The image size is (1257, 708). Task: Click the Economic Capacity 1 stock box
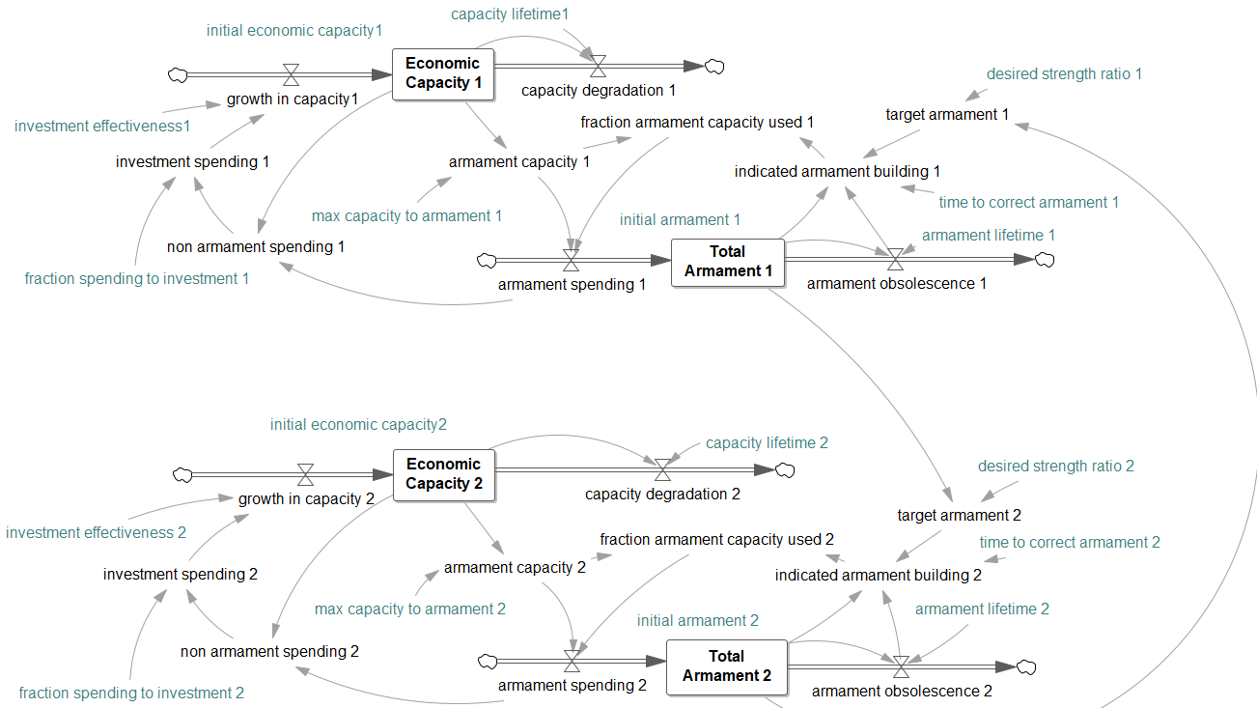(x=443, y=73)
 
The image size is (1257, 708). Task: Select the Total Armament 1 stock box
(x=728, y=261)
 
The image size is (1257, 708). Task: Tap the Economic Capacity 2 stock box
(x=443, y=474)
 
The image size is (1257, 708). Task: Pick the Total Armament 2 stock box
(x=726, y=666)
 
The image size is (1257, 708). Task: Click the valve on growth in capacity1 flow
(x=291, y=73)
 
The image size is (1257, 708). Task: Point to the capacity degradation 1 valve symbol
(x=598, y=66)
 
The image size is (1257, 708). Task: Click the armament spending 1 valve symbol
(x=571, y=261)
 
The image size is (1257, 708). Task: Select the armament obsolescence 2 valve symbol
(x=901, y=666)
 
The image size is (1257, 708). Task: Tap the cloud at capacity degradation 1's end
(x=714, y=66)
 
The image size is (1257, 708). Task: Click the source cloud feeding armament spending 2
(x=488, y=662)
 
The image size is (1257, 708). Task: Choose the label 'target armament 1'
(x=947, y=115)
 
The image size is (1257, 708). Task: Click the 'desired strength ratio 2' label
(x=1055, y=466)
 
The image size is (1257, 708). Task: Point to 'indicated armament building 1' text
(x=837, y=171)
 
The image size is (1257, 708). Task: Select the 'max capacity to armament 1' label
(x=406, y=215)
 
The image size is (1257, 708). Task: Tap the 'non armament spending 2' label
(x=269, y=651)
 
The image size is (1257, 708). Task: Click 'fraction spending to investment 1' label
(x=137, y=278)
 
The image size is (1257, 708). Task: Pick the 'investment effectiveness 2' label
(x=96, y=532)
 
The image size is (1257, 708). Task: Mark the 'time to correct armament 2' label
(x=1070, y=542)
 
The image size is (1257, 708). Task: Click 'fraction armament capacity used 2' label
(x=716, y=539)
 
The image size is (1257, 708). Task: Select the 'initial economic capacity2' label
(x=358, y=424)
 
